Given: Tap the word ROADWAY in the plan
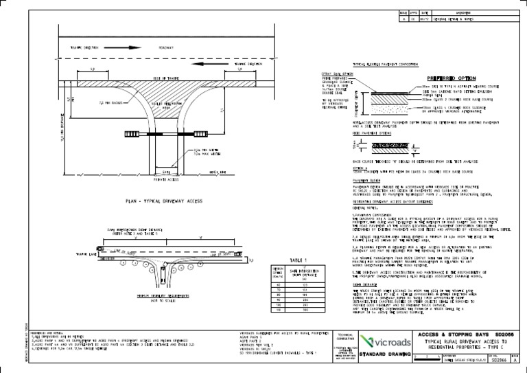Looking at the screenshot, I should [167, 47].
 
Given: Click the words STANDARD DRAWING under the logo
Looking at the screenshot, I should [387, 358].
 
